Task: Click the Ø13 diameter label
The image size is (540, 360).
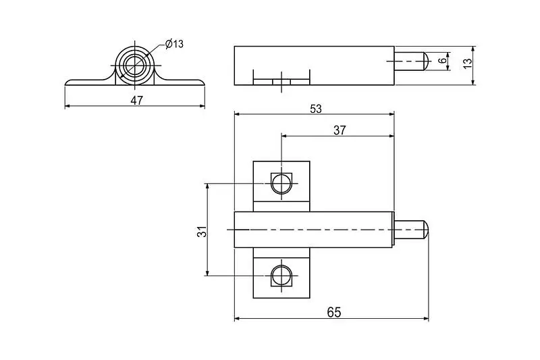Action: click(174, 44)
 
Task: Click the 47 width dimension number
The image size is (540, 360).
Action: click(137, 101)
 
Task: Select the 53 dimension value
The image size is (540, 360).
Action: click(315, 109)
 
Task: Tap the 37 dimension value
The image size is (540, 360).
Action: click(340, 130)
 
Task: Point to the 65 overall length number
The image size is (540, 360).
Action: click(334, 313)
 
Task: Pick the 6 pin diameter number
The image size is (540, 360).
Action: click(443, 61)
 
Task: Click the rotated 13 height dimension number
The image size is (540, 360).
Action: click(467, 63)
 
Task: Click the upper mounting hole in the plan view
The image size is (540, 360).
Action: click(281, 183)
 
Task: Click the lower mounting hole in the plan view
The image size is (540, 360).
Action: click(281, 276)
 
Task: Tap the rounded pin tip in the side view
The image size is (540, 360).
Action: click(425, 61)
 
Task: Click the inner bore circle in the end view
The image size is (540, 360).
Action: click(135, 65)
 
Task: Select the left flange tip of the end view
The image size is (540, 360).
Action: click(66, 83)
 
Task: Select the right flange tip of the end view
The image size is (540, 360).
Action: click(204, 83)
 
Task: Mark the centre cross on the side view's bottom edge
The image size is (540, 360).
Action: click(281, 82)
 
